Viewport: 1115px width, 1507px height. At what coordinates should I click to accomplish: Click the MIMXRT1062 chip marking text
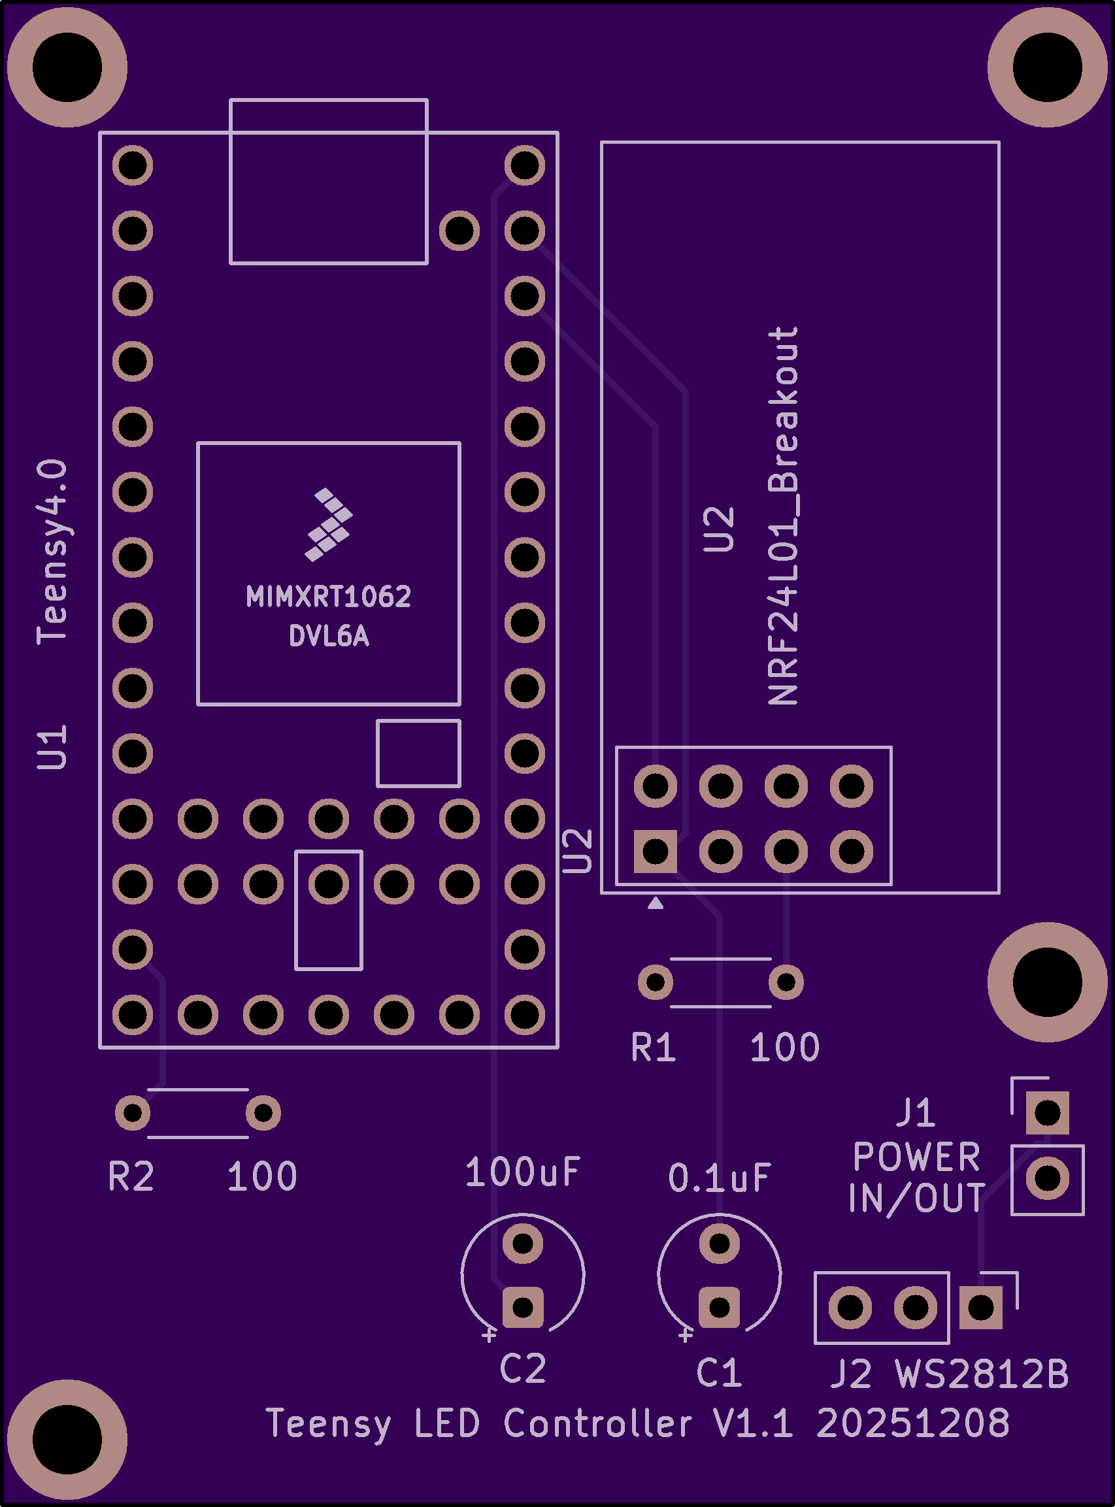(x=328, y=597)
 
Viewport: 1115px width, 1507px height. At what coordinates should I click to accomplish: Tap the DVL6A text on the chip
(x=329, y=637)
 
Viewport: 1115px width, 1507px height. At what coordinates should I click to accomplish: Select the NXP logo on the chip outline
(x=328, y=524)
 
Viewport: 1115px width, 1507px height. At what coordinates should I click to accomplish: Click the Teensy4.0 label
(x=52, y=552)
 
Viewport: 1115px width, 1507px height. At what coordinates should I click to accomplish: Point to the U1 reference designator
(x=52, y=748)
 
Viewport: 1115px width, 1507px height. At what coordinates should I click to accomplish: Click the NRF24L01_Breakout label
(x=784, y=516)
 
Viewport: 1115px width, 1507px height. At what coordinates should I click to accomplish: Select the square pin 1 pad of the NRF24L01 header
(x=656, y=852)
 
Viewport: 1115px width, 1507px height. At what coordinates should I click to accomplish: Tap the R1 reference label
(x=653, y=1048)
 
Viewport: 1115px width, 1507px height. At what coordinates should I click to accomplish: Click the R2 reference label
(x=131, y=1177)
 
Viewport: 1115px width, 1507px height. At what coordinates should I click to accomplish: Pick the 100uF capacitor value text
(x=522, y=1172)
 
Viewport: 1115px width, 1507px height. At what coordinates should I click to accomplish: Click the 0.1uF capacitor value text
(x=720, y=1178)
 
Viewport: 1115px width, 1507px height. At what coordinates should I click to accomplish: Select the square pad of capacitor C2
(x=523, y=1307)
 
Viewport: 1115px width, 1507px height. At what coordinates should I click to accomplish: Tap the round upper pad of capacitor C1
(x=720, y=1242)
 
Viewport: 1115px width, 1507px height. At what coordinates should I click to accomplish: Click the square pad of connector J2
(x=980, y=1308)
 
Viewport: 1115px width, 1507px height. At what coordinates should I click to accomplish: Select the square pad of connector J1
(x=1048, y=1112)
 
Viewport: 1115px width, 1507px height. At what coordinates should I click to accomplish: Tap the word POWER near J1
(x=916, y=1157)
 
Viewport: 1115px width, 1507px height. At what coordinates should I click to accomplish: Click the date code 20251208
(x=912, y=1424)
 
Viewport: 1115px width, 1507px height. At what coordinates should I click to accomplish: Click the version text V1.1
(x=752, y=1424)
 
